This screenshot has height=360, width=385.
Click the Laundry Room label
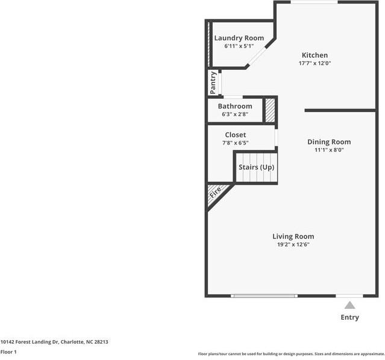pos(239,38)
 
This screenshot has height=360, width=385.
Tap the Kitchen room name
pos(315,55)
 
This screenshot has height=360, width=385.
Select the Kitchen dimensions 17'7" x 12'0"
pos(315,63)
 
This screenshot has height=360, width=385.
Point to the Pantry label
pos(213,82)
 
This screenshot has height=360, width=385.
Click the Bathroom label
pos(235,107)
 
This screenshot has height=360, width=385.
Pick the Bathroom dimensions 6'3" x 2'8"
pos(235,114)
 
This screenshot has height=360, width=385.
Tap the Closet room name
pos(235,135)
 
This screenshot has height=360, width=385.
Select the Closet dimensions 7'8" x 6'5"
pos(235,143)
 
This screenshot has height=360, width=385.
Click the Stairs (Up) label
pos(256,167)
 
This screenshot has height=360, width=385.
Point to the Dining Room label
pos(329,142)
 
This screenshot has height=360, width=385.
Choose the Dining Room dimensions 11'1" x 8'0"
pos(329,151)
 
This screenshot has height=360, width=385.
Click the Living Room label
pos(293,237)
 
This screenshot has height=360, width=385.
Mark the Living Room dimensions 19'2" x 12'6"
pos(293,245)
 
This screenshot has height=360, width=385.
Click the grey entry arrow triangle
pos(349,305)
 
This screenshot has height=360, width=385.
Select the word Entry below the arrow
pos(349,317)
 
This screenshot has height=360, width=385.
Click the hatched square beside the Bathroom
pos(271,110)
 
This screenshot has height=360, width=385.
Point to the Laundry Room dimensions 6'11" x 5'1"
pos(239,46)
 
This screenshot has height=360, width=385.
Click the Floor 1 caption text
pos(8,352)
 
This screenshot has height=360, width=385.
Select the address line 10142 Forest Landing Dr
pos(54,341)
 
